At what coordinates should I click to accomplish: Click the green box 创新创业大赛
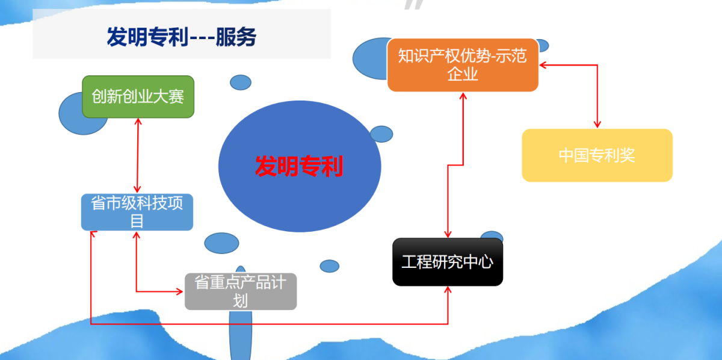pos(138,96)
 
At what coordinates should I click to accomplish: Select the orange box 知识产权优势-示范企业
pos(462,65)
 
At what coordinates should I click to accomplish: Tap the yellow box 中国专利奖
pos(597,155)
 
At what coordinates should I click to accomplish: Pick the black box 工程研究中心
pos(447,262)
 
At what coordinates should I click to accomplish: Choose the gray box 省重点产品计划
pos(240,291)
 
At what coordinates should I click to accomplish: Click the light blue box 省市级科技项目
pos(137,212)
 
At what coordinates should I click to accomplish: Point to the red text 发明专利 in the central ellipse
pos(299,166)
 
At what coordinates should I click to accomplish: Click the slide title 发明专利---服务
pos(182,37)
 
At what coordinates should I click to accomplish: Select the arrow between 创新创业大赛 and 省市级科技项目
pos(138,155)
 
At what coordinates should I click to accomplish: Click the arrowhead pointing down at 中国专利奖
pos(597,125)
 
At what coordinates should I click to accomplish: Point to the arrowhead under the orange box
pos(463,96)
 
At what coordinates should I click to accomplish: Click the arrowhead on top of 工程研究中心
pos(447,234)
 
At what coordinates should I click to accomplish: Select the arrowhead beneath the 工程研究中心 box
pos(448,290)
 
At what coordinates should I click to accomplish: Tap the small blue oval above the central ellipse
pos(241,82)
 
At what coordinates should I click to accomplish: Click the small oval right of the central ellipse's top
pos(381,134)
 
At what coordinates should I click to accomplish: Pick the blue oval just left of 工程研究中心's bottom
pos(330,265)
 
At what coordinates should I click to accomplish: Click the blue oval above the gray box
pos(221,243)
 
